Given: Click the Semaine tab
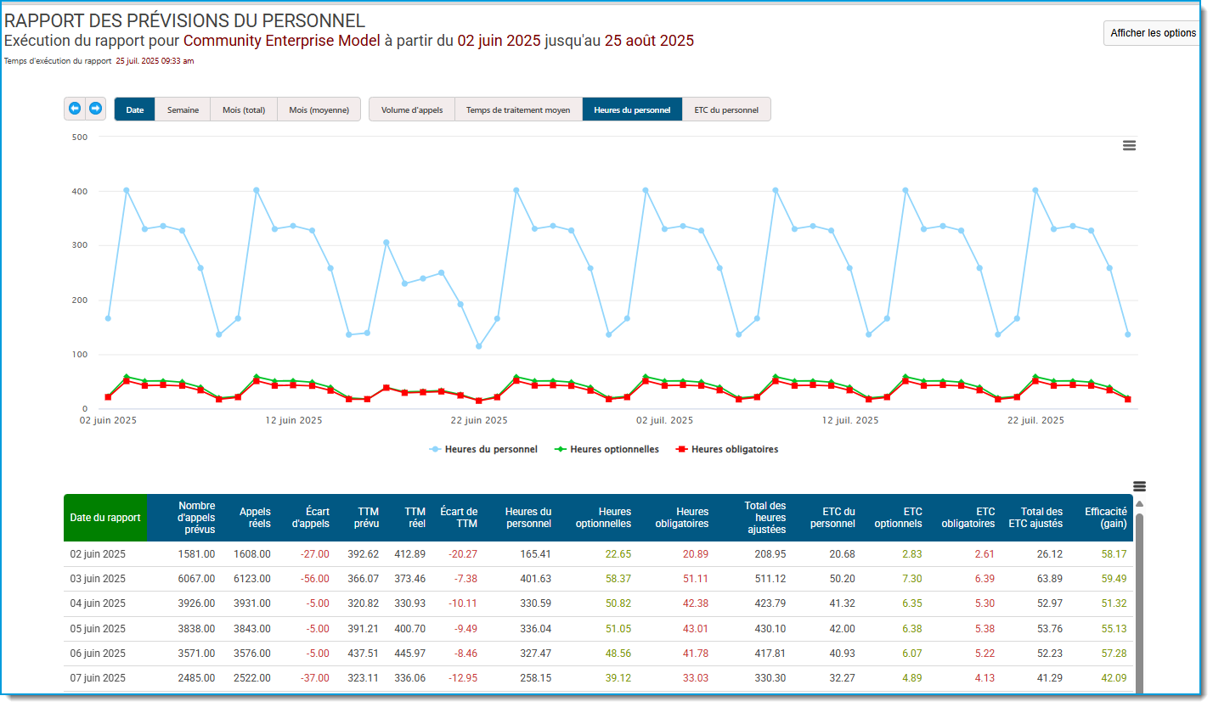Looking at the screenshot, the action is [x=183, y=109].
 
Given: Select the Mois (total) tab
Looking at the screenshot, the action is [x=244, y=109].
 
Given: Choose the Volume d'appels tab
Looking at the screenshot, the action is [x=411, y=109].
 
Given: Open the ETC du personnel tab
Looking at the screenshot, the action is [x=726, y=109].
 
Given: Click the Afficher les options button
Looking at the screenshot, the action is [x=1153, y=33].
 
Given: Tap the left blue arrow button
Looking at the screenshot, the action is [x=75, y=109].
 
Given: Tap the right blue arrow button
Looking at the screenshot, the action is [x=95, y=109].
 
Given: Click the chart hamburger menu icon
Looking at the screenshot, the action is [x=1129, y=145].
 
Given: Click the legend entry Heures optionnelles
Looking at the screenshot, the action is [x=607, y=450].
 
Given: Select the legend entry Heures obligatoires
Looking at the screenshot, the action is [x=727, y=450].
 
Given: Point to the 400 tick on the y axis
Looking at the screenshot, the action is [x=80, y=192].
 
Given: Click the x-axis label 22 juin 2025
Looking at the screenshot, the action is [x=479, y=420].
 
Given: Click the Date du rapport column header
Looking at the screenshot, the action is [x=105, y=518].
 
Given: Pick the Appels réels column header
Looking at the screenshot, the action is [x=255, y=518].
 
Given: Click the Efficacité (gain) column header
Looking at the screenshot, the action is [x=1105, y=518].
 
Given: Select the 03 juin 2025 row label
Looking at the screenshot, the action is [x=98, y=579].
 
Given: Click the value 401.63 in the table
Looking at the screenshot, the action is [x=535, y=579].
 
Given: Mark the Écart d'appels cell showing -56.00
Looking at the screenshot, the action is [x=314, y=579].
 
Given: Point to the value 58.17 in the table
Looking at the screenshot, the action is [x=1114, y=554].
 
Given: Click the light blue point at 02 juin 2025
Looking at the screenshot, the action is [x=109, y=318].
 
